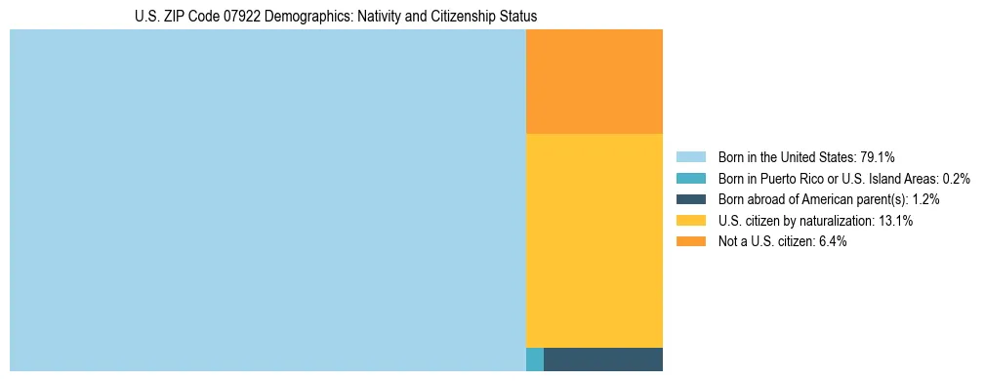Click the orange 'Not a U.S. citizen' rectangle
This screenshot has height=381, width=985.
[594, 81]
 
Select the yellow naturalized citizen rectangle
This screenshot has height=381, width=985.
[594, 239]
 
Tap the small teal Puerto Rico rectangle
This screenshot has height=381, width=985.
[534, 359]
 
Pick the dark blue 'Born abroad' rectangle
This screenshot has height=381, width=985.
[602, 359]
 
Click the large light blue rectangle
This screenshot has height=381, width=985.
[267, 200]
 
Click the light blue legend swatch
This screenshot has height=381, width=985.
[690, 156]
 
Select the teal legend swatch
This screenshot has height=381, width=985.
[690, 178]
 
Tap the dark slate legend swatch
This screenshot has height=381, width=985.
[690, 199]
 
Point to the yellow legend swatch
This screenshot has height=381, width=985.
[690, 221]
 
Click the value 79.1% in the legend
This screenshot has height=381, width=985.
[877, 156]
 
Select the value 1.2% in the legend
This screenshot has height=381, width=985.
[925, 199]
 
